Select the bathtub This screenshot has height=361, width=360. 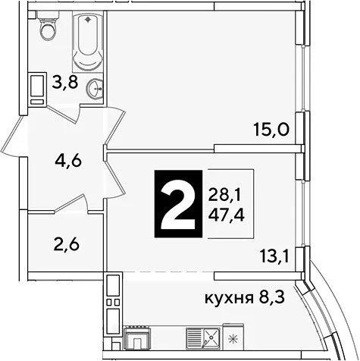tap(88, 42)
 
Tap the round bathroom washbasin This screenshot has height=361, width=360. tap(95, 89)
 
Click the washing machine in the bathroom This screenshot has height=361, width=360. tap(37, 89)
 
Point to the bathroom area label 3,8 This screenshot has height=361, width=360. tap(64, 83)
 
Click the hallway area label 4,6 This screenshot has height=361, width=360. tap(68, 160)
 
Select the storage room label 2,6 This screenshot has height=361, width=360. tap(67, 244)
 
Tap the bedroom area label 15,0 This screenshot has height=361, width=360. tap(271, 130)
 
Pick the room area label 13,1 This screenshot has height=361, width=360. tap(274, 257)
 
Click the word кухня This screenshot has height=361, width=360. tap(229, 298)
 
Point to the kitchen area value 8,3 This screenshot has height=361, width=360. tap(272, 297)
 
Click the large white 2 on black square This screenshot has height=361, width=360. tap(178, 204)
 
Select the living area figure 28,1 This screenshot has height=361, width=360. tap(224, 196)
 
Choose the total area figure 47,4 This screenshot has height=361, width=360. tap(226, 215)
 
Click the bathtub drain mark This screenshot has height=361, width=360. tap(88, 20)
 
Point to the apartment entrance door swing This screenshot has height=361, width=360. tap(14, 137)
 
